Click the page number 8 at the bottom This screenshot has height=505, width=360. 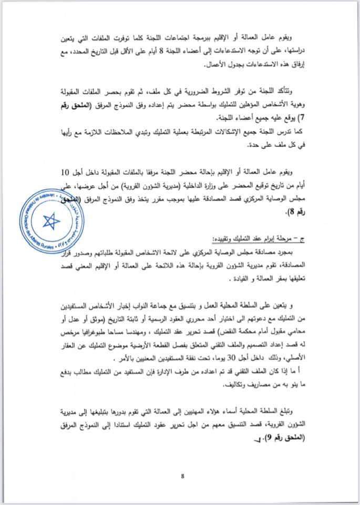(x=182, y=476)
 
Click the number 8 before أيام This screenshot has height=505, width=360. (x=167, y=52)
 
